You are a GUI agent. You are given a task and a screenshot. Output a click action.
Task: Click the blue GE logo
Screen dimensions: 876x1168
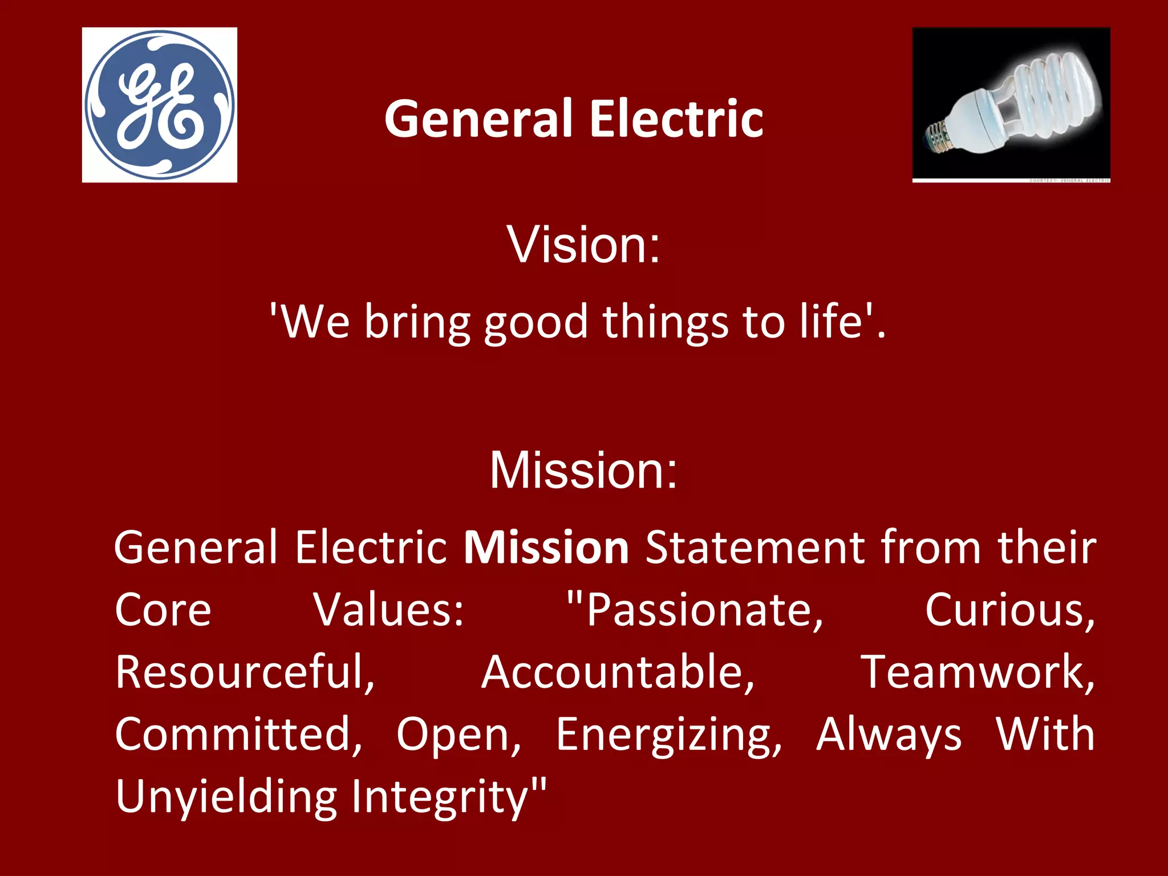pyautogui.click(x=160, y=105)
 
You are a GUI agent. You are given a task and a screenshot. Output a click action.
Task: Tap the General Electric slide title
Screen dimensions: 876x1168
pyautogui.click(x=574, y=119)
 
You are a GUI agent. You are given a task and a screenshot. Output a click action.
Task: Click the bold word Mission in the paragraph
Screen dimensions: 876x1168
pyautogui.click(x=546, y=547)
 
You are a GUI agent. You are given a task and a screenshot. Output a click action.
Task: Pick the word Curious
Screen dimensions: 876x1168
pyautogui.click(x=1008, y=610)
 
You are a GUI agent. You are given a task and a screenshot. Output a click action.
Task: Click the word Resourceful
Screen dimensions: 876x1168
pyautogui.click(x=244, y=672)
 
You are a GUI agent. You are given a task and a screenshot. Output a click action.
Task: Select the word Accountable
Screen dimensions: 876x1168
pyautogui.click(x=618, y=672)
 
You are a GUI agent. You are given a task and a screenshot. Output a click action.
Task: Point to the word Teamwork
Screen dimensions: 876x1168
pyautogui.click(x=976, y=672)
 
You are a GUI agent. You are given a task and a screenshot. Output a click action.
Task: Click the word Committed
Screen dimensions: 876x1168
pyautogui.click(x=238, y=734)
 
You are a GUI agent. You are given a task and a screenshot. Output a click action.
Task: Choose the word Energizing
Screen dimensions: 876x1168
pyautogui.click(x=668, y=735)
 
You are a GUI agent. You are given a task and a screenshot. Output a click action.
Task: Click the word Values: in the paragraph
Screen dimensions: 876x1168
pyautogui.click(x=389, y=610)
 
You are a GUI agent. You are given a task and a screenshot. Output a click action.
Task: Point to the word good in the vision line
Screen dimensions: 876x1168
pyautogui.click(x=536, y=323)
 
